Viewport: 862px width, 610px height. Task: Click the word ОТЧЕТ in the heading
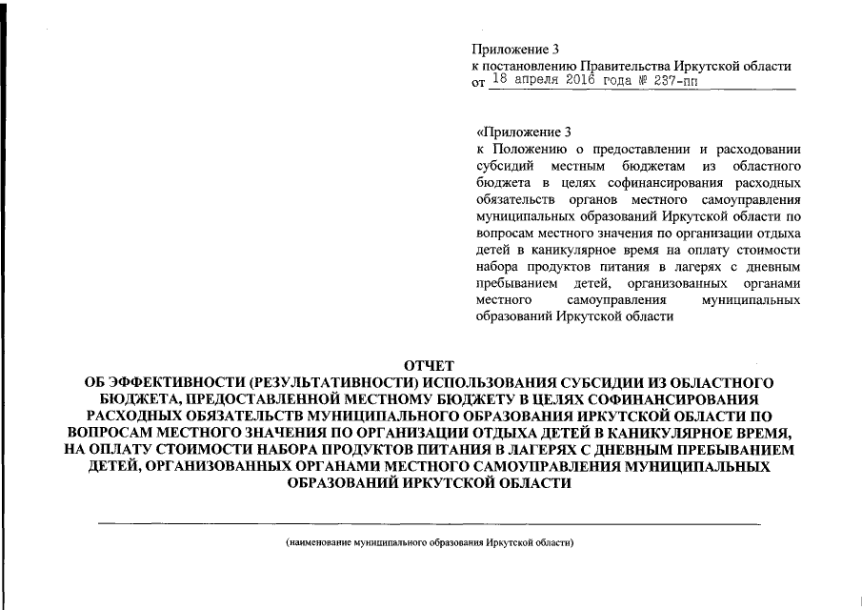pos(431,366)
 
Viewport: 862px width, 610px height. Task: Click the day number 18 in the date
pos(497,82)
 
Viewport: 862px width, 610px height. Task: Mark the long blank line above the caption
pos(430,524)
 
